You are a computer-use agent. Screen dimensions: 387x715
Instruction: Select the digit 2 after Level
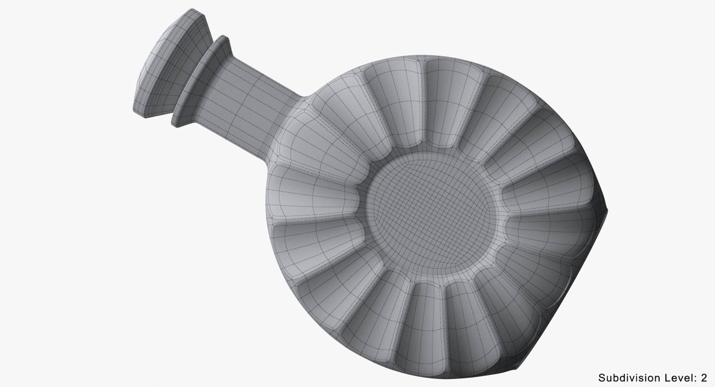(x=703, y=378)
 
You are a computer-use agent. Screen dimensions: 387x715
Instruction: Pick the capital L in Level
(x=665, y=378)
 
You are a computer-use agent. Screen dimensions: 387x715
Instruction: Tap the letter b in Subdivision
(x=615, y=378)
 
